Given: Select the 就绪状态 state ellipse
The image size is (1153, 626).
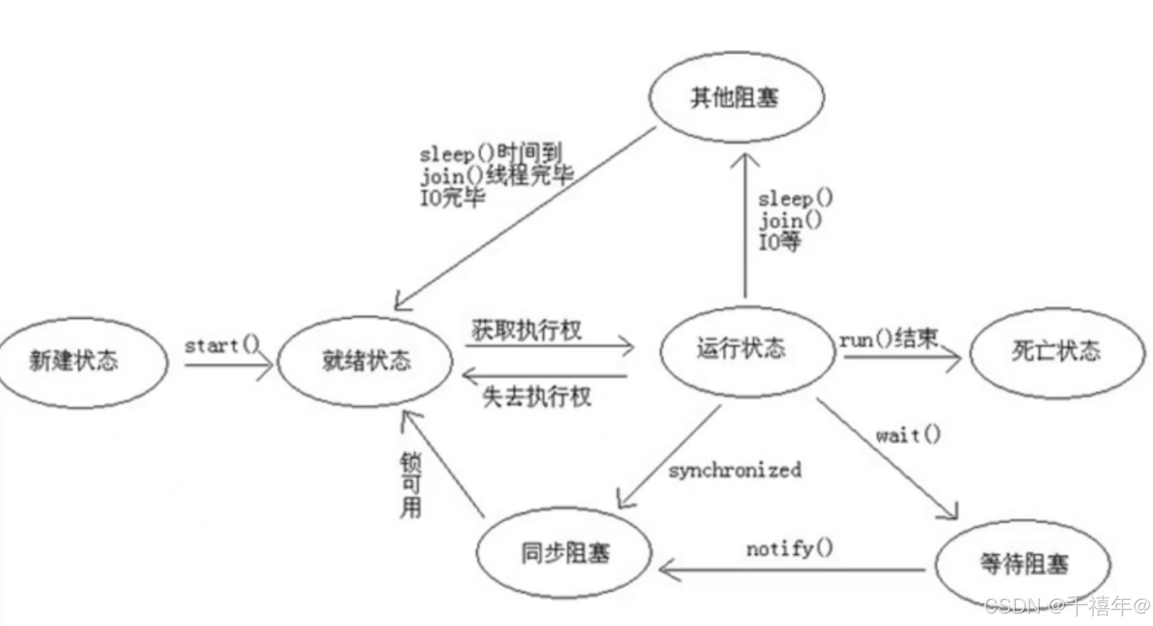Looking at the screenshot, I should pos(365,361).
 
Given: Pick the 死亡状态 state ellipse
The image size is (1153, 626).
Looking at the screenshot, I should pos(1056,352).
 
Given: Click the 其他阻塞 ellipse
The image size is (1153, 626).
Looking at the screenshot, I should pos(735,99).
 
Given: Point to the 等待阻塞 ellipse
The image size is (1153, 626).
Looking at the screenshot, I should pos(1023,564).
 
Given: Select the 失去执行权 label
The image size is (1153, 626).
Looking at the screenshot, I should pos(537,397).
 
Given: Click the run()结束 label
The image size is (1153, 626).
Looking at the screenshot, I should pos(888,339).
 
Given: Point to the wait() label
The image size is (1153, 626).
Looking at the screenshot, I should pos(909,435).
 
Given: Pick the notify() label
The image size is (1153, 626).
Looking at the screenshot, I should pos(790,549).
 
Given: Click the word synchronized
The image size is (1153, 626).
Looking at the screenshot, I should pos(735,469).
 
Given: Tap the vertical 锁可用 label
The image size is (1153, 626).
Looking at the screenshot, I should pos(410,486).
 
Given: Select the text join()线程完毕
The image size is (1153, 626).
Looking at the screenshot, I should pos(497,176).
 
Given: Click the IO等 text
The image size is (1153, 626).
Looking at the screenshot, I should pos(780,242).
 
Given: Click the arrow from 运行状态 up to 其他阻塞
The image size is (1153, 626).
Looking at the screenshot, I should pos(745,224).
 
